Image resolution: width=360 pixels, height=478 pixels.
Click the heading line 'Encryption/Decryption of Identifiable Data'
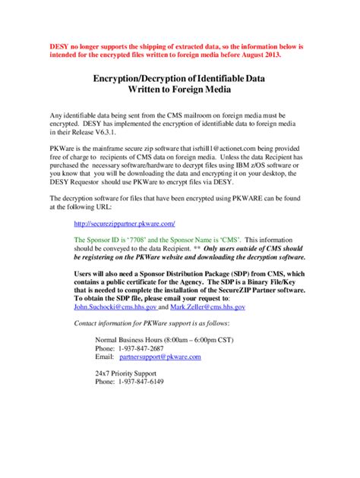[179, 78]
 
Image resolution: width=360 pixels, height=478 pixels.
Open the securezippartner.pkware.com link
[124, 223]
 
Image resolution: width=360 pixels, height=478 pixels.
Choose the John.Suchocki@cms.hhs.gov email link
[114, 307]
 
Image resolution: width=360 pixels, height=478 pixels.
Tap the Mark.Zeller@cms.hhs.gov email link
[207, 307]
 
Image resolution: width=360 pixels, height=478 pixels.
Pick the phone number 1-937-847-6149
[146, 382]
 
